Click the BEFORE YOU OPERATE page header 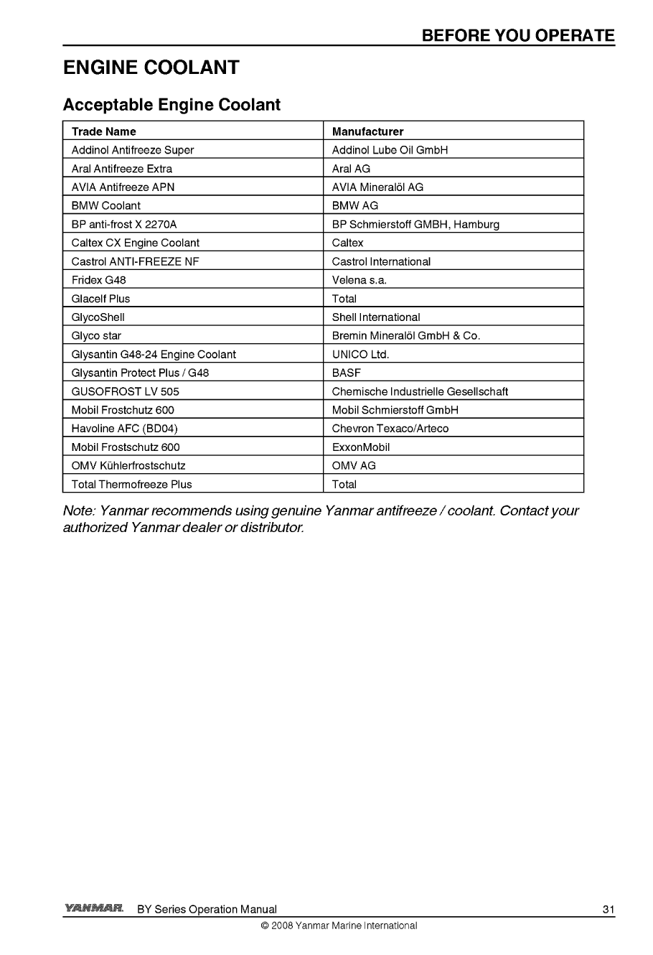click(518, 36)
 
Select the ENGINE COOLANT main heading click(151, 68)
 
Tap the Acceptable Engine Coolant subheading click(172, 105)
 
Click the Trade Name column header click(103, 131)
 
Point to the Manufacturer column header click(367, 131)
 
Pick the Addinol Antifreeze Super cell click(133, 150)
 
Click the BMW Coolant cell click(106, 205)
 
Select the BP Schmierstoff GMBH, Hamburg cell click(415, 224)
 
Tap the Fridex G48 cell click(99, 280)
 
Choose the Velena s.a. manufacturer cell click(360, 280)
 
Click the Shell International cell click(376, 317)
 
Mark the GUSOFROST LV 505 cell click(126, 391)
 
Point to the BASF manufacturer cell click(347, 373)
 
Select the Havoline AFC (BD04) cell click(125, 429)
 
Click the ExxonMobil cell click(361, 447)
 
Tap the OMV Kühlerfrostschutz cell click(128, 465)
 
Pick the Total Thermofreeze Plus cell click(132, 484)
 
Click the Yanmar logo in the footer click(93, 908)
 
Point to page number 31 click(609, 910)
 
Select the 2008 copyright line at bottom click(339, 926)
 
